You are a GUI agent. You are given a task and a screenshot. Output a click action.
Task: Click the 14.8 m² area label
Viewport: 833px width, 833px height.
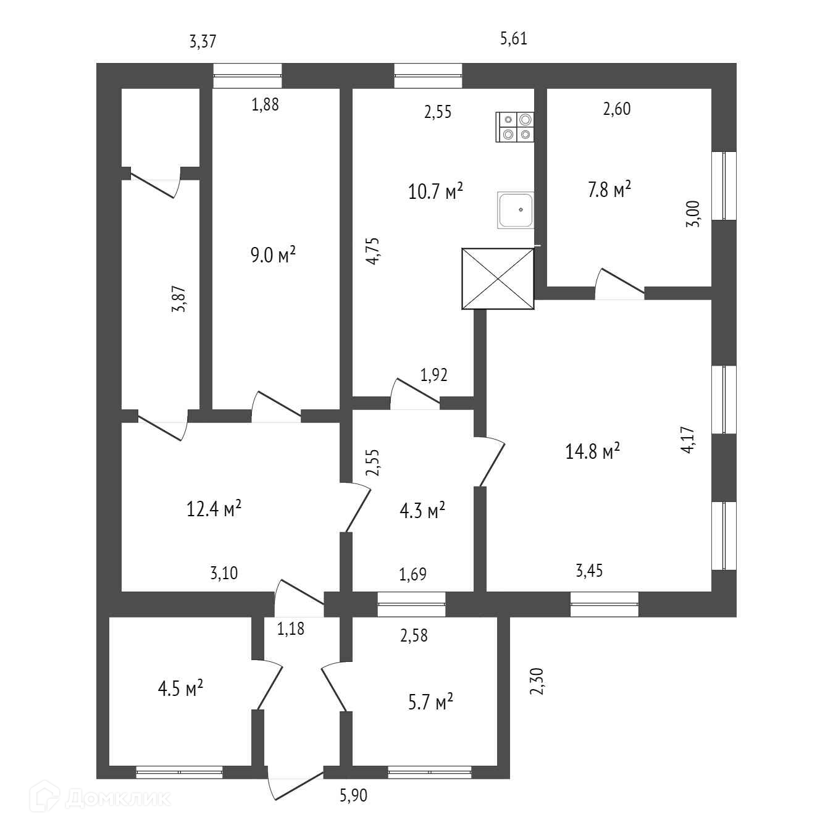(592, 451)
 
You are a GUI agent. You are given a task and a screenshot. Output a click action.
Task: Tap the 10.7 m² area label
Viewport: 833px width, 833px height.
(435, 191)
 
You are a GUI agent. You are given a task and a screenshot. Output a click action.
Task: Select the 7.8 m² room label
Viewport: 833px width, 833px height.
(609, 189)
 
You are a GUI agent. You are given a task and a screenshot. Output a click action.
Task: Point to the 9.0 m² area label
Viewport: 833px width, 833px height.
(273, 254)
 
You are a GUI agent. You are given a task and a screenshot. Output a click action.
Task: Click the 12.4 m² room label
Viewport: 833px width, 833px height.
(213, 509)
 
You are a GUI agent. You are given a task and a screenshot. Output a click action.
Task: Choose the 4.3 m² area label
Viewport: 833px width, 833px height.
(423, 511)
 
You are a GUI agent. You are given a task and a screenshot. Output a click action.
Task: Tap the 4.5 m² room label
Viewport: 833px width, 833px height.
(181, 688)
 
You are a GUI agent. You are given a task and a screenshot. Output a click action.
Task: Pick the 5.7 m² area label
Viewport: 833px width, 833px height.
(430, 702)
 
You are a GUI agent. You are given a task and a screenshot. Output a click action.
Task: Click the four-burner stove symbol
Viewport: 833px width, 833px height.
(516, 127)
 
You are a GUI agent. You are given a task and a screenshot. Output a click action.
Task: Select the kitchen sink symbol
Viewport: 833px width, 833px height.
(516, 210)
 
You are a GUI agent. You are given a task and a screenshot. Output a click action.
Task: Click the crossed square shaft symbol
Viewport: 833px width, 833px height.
(498, 278)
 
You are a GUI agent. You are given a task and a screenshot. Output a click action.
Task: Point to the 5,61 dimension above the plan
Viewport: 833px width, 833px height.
(513, 39)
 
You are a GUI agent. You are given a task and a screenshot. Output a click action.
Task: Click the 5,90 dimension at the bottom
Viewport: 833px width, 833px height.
(353, 795)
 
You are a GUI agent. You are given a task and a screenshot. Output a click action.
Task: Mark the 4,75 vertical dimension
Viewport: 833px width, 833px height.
(372, 251)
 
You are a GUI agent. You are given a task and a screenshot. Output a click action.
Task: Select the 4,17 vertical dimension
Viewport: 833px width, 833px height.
(688, 440)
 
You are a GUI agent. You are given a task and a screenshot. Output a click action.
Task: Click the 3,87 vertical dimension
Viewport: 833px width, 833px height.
(178, 299)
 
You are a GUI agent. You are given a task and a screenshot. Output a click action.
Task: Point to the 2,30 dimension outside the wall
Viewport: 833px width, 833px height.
(537, 681)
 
